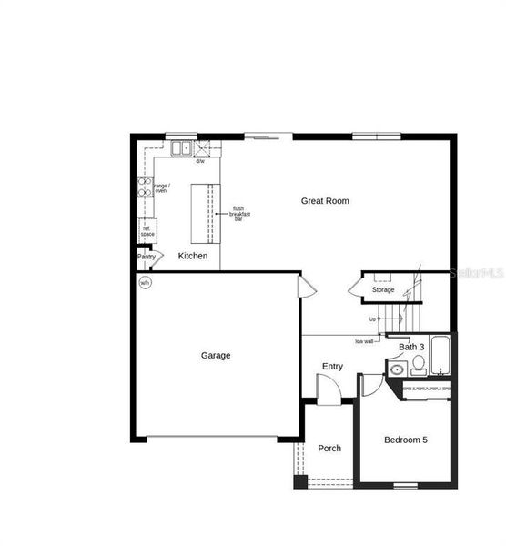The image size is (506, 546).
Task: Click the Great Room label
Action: click(325, 201)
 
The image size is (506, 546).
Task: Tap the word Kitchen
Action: click(192, 256)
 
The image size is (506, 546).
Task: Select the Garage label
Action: click(216, 355)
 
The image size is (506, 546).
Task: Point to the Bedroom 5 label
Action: click(405, 440)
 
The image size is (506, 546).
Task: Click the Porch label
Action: click(329, 448)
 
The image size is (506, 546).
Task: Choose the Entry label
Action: click(332, 366)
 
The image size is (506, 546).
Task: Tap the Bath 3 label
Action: click(412, 347)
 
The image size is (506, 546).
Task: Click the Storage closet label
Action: click(383, 289)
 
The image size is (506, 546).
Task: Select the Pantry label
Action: click(147, 257)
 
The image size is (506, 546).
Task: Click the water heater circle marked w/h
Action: click(145, 283)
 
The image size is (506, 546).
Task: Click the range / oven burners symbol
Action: click(144, 188)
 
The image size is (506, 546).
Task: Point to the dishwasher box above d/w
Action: click(201, 149)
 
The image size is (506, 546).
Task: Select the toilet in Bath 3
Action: click(418, 365)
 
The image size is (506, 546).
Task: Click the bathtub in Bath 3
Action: click(441, 357)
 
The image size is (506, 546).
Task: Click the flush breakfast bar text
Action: click(239, 214)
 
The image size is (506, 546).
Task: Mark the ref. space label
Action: click(147, 232)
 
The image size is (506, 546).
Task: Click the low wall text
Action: click(364, 341)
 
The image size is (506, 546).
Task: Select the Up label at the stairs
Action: click(373, 318)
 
